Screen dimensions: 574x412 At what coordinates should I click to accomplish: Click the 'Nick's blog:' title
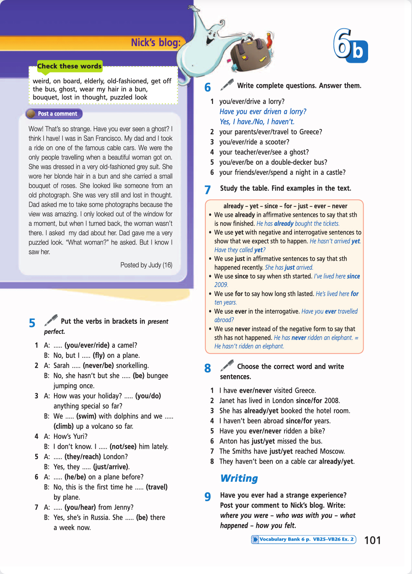coord(156,43)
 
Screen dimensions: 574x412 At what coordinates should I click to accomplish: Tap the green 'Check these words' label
coord(69,66)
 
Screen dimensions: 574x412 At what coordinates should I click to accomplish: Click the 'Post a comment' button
coord(54,114)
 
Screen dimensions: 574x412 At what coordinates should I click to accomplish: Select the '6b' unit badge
coord(350,46)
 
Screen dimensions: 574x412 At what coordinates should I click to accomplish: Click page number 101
coord(372,540)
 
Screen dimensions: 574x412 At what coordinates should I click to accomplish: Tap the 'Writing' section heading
coord(239,478)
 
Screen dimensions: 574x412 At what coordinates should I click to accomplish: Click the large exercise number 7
coord(208,190)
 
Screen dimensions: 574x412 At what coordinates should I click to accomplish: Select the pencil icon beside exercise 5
coord(51,320)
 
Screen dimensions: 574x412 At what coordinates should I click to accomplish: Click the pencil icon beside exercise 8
coord(227,365)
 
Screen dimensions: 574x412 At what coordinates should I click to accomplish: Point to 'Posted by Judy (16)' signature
coord(146,265)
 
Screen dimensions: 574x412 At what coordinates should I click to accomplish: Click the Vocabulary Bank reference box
coord(304,539)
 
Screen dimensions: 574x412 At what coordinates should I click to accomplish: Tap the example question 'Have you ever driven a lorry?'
coord(263,111)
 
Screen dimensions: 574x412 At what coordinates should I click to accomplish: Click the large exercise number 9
coord(208,497)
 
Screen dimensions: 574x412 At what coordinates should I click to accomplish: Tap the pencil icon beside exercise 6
coord(227,84)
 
